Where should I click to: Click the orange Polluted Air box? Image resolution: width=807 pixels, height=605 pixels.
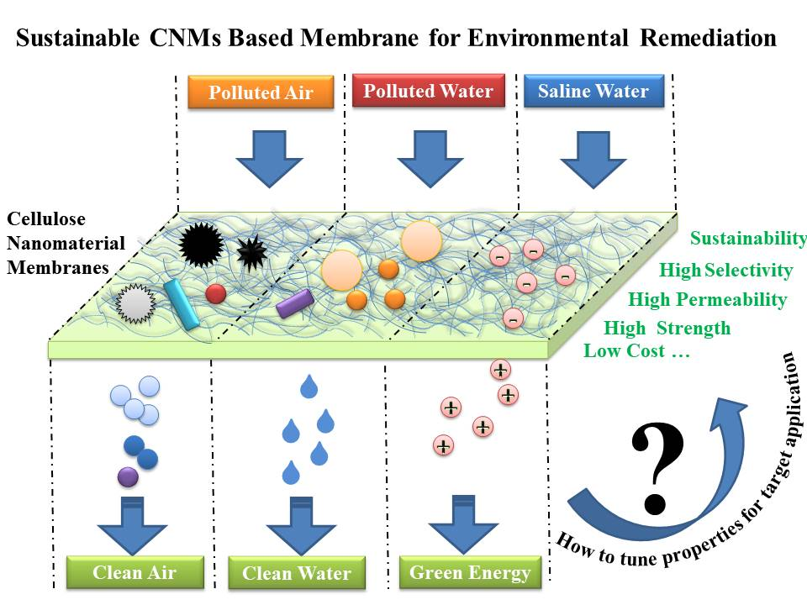pos(261,92)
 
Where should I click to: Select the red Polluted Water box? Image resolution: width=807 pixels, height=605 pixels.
pos(429,91)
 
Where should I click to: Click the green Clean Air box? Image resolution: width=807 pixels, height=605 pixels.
pos(134,573)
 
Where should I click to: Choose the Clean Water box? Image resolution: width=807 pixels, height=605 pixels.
pos(297,573)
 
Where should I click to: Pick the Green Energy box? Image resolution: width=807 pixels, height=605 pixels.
pos(470,573)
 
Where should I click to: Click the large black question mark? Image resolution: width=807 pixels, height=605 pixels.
pos(659,466)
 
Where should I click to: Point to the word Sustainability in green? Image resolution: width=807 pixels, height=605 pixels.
pos(748,239)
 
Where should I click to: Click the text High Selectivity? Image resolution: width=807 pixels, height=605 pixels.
pos(725,270)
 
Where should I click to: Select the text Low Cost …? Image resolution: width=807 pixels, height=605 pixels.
pos(636,351)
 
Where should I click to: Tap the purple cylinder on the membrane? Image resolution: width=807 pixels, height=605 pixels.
pos(295,302)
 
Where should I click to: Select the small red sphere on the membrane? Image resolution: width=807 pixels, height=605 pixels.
pos(216,293)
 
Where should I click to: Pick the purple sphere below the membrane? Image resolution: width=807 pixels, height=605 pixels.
pos(128,476)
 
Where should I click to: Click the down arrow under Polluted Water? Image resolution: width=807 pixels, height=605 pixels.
pos(429,160)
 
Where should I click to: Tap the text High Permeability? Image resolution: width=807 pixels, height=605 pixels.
pos(707,300)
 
